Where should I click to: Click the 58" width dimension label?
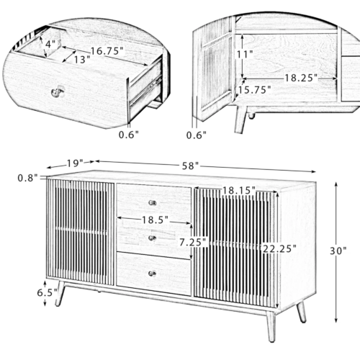coord(190,166)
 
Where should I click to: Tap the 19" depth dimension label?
coord(75,163)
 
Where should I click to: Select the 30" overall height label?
coord(338,251)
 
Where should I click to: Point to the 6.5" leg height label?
coord(47,292)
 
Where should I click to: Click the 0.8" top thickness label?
coord(27,178)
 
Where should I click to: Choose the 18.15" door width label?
coord(239,190)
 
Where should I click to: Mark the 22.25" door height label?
coord(279,248)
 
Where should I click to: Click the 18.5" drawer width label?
coord(155,220)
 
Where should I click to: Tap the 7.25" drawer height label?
coord(193,242)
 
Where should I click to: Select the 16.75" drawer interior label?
coord(107,51)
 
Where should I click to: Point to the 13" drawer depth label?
coord(81,60)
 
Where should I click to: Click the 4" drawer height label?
coord(50,44)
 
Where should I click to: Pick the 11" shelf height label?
coord(245,55)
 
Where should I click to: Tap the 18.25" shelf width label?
coord(301,78)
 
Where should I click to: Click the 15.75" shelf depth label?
coord(254,90)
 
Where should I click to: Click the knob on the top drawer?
coord(152,203)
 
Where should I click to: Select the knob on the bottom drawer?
coord(152,274)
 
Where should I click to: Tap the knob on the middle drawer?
coord(152,238)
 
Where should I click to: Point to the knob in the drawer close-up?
coord(58,91)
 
